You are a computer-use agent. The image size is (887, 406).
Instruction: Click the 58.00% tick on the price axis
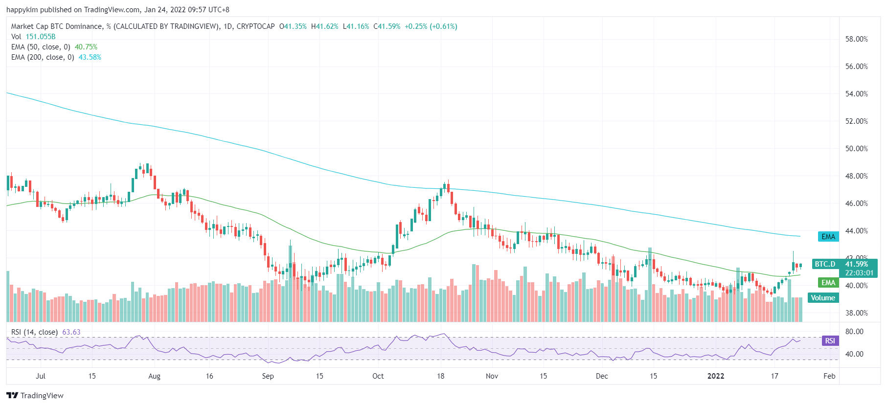click(856, 39)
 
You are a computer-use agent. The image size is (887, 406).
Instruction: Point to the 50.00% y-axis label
click(856, 149)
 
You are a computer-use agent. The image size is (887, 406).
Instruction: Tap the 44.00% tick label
click(856, 231)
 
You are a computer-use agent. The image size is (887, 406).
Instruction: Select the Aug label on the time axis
click(154, 376)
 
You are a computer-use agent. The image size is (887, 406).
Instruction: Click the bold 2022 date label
click(716, 376)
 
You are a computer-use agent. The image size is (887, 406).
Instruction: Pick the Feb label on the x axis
click(829, 376)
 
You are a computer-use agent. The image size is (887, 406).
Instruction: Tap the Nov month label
click(492, 376)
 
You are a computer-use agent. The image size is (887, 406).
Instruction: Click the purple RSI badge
click(830, 341)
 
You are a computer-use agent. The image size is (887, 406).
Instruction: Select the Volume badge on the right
click(823, 298)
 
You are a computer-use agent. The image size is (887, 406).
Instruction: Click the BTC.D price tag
click(825, 264)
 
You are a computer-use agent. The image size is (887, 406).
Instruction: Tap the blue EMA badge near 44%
click(828, 237)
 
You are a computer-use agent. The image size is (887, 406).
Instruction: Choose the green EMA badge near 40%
click(828, 283)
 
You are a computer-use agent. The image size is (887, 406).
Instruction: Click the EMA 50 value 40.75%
click(86, 47)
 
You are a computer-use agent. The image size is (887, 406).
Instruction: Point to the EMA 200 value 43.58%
click(90, 57)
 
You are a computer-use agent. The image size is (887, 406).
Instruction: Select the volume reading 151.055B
click(41, 37)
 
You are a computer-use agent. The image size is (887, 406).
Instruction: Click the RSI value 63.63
click(71, 332)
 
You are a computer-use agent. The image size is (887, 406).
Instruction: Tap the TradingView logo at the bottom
click(35, 395)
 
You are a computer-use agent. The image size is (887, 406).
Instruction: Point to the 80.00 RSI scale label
click(854, 332)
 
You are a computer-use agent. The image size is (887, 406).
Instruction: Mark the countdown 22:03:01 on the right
click(859, 273)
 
